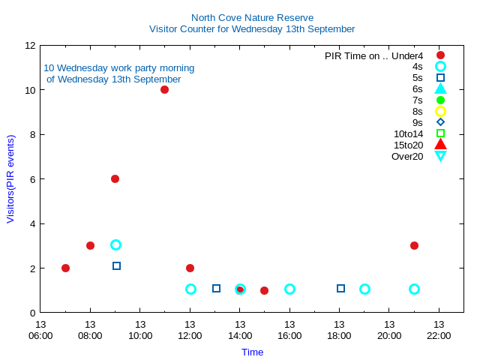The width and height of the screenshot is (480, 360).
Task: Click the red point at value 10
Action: pyautogui.click(x=164, y=90)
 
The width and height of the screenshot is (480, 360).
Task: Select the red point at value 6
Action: pyautogui.click(x=115, y=178)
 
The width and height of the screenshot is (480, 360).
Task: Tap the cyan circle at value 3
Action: pyautogui.click(x=115, y=244)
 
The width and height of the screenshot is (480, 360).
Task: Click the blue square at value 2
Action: pyautogui.click(x=116, y=265)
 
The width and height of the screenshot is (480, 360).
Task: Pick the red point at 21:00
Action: pyautogui.click(x=414, y=245)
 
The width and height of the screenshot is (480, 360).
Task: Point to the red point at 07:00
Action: pyautogui.click(x=65, y=268)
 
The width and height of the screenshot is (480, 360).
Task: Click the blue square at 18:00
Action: pyautogui.click(x=340, y=288)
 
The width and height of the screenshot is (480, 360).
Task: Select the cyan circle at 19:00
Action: pyautogui.click(x=364, y=289)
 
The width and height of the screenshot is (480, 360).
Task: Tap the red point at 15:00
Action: pyautogui.click(x=264, y=290)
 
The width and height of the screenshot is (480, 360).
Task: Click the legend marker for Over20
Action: pyautogui.click(x=440, y=156)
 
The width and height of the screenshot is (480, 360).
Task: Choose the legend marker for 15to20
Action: pyautogui.click(x=440, y=144)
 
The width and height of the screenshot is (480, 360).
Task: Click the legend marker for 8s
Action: pyautogui.click(x=440, y=111)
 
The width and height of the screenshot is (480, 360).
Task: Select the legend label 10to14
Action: pyautogui.click(x=408, y=133)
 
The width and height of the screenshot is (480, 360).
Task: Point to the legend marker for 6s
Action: pyautogui.click(x=440, y=88)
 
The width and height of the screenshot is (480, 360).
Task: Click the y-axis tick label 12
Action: pyautogui.click(x=31, y=45)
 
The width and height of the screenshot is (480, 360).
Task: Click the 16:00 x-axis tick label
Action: pyautogui.click(x=289, y=330)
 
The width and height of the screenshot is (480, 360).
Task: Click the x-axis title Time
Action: pyautogui.click(x=252, y=352)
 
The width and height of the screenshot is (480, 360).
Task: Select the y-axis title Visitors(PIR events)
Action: pyautogui.click(x=10, y=178)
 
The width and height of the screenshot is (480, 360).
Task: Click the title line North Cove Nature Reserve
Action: pyautogui.click(x=252, y=17)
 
